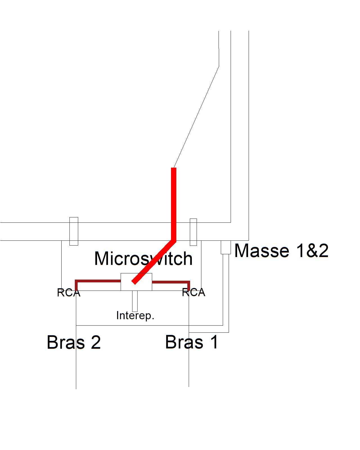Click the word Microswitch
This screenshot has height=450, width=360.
(143, 258)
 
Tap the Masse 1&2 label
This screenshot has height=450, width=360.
(281, 251)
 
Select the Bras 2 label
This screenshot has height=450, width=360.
(74, 342)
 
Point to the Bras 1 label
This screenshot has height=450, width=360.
(192, 342)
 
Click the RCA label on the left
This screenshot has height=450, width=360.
(69, 293)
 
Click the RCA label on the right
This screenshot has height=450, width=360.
(193, 292)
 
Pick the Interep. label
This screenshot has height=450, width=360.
(135, 316)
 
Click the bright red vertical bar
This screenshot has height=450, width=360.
(174, 202)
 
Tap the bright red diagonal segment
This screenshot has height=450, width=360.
(153, 262)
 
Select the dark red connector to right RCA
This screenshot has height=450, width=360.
(172, 282)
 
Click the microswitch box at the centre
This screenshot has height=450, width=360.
(142, 285)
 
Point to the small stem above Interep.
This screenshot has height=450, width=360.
(135, 301)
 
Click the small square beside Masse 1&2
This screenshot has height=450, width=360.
(226, 247)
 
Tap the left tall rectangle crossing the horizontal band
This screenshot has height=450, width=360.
(74, 231)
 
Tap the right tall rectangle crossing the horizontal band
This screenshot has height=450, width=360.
(193, 232)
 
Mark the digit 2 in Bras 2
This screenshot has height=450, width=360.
(96, 343)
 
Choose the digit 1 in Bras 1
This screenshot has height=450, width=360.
(214, 342)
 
